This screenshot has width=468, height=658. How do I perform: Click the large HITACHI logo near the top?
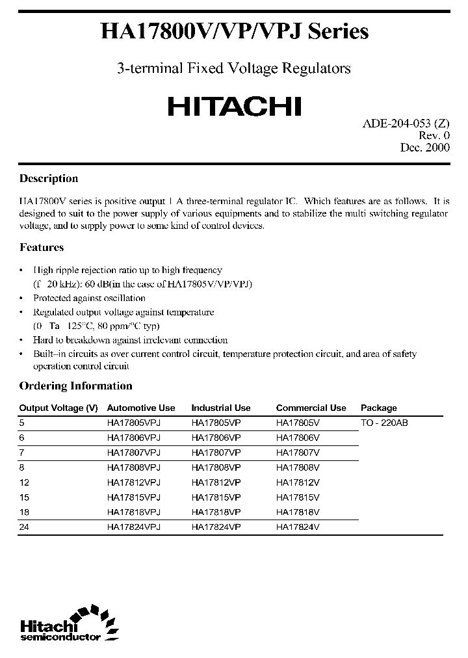[x=234, y=106]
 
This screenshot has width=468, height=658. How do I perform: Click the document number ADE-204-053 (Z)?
[x=406, y=124]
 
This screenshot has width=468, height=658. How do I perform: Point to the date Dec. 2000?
[x=424, y=148]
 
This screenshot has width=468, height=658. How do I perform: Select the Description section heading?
[x=49, y=179]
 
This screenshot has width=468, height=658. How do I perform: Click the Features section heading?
[x=42, y=248]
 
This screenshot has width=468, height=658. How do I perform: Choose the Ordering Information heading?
[x=75, y=386]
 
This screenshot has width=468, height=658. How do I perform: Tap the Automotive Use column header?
[x=141, y=408]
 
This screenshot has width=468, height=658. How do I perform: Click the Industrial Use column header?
[x=220, y=408]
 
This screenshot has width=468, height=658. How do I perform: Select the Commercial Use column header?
[x=311, y=408]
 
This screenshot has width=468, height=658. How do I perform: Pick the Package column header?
[x=378, y=408]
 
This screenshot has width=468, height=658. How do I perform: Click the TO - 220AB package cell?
[x=383, y=423]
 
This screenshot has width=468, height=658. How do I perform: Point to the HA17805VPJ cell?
[x=133, y=423]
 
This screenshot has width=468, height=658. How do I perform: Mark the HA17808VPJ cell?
[x=133, y=467]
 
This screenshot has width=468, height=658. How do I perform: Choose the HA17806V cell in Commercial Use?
[x=298, y=438]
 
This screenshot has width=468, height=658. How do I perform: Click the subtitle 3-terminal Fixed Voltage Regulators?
[x=233, y=68]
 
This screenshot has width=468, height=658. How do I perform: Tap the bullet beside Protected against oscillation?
[x=23, y=298]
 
